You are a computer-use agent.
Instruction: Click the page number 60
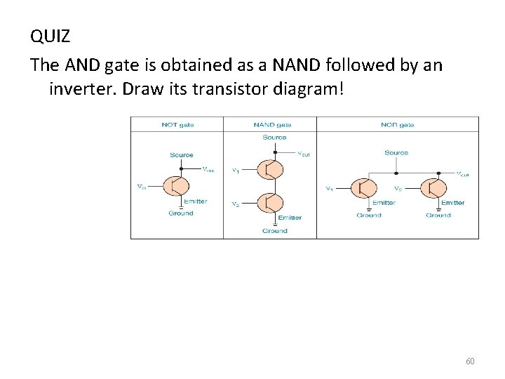point(470,361)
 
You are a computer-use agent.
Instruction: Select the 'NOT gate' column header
point(177,124)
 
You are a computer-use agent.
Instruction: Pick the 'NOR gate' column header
point(397,124)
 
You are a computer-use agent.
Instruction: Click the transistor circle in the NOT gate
point(176,186)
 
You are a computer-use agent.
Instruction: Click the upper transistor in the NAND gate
point(269,169)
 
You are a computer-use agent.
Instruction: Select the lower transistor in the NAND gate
point(269,203)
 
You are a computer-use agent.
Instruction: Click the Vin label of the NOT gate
point(142,186)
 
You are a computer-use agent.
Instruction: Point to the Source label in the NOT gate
point(181,155)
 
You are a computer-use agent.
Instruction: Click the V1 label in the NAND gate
point(236,171)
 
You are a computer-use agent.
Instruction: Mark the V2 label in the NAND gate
point(236,204)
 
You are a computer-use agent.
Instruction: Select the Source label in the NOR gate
point(396,152)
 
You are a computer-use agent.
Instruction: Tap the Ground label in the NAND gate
point(274,231)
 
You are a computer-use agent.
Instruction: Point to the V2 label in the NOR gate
point(397,188)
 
